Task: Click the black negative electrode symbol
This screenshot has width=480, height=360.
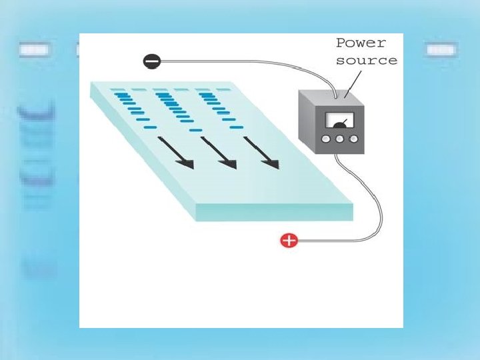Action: (x=152, y=61)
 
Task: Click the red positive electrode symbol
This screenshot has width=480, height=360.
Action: (x=289, y=241)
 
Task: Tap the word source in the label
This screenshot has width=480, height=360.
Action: (x=366, y=61)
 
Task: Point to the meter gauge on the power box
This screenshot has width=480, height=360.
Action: (x=338, y=121)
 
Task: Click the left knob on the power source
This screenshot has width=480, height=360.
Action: (x=326, y=139)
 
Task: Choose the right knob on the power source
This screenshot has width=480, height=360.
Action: (x=353, y=139)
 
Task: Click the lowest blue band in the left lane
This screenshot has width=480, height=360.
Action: (x=150, y=127)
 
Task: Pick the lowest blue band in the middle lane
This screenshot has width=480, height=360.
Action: (x=195, y=130)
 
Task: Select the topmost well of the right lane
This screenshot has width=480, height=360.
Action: (x=203, y=89)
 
